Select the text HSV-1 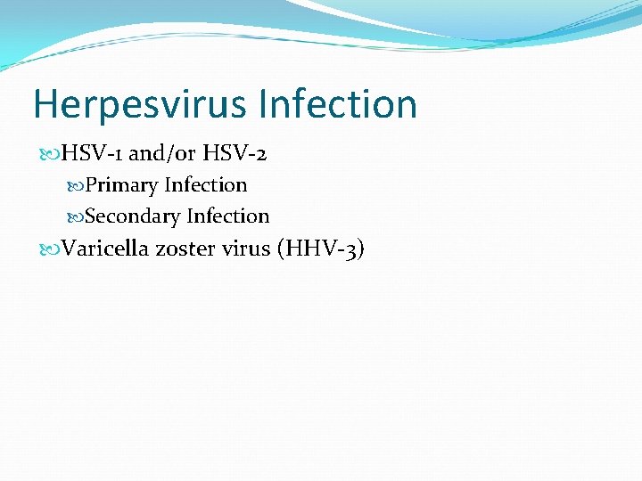click(x=92, y=154)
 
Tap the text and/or click(x=162, y=154)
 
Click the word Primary click(x=121, y=186)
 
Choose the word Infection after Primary click(x=206, y=185)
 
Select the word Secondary click(x=132, y=216)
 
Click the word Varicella click(x=105, y=249)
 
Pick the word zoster click(x=185, y=249)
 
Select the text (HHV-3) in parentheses click(x=321, y=249)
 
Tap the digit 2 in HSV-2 click(x=259, y=155)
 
